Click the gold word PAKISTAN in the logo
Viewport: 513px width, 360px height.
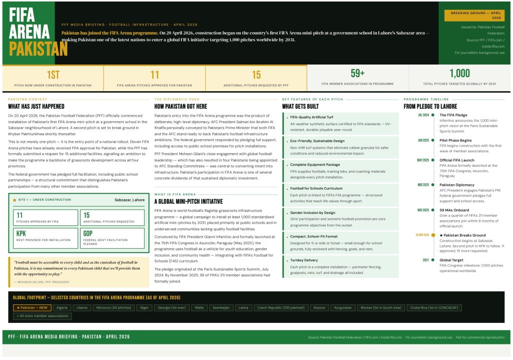[x=38, y=49]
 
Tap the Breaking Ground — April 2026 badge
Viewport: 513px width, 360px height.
[x=475, y=15]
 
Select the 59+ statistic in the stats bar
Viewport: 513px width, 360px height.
[x=357, y=73]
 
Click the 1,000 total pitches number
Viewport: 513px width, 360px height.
[x=459, y=74]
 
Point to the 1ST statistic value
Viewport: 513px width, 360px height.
[x=53, y=75]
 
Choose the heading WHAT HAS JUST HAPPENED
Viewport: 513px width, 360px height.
[x=36, y=107]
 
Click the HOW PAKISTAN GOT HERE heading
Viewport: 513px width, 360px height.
[x=180, y=107]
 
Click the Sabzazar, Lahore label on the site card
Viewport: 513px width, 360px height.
[x=130, y=200]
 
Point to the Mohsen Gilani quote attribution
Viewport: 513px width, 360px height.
[x=42, y=282]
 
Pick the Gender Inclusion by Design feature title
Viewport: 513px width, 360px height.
[x=313, y=212]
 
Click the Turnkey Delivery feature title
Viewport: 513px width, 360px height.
[x=304, y=260]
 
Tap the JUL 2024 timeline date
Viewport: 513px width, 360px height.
[x=423, y=115]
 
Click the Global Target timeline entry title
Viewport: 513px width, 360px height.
[x=451, y=260]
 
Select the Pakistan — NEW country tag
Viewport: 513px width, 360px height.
[x=32, y=307]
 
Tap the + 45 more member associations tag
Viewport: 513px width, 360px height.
[x=42, y=316]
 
